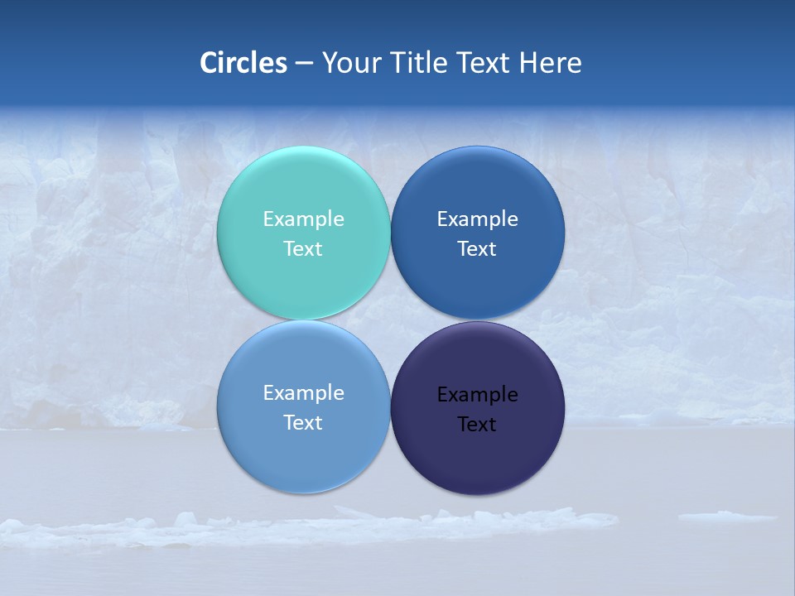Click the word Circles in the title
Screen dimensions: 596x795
(x=243, y=63)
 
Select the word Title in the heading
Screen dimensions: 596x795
(x=423, y=63)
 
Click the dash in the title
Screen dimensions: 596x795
(x=304, y=64)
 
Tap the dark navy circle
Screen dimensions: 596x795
(x=478, y=455)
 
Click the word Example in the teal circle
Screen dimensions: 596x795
(x=303, y=219)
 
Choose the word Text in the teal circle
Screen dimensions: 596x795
(x=303, y=249)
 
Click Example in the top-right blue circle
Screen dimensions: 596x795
(x=478, y=219)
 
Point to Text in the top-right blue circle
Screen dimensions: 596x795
(x=477, y=249)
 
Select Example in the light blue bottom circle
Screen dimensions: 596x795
(x=303, y=393)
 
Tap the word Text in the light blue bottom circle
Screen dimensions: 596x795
(x=303, y=423)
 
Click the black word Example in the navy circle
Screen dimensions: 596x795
(x=478, y=395)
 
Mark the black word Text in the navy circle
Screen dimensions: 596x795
(x=477, y=425)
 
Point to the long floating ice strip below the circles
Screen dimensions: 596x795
(x=331, y=526)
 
